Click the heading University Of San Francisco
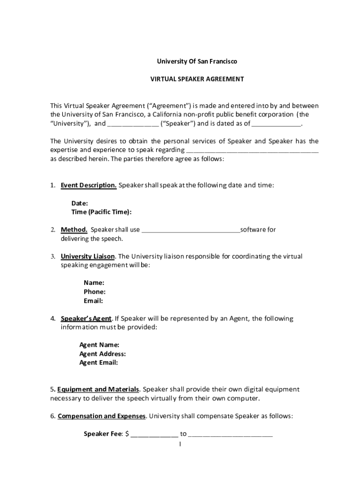[196, 61]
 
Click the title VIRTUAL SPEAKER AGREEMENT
[196, 79]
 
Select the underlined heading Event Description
[88, 185]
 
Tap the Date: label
[79, 203]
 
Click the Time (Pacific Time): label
[101, 212]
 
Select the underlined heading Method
[74, 230]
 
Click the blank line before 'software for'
[190, 230]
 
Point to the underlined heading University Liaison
[87, 256]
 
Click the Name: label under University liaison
[94, 283]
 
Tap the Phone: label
[94, 292]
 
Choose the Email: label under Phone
[94, 301]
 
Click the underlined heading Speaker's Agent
[86, 319]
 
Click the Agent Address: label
[102, 354]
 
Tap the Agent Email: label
[98, 363]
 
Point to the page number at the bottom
[180, 443]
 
